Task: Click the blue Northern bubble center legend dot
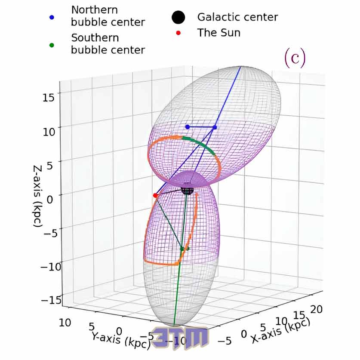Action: coord(52,17)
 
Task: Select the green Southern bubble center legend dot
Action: coord(52,45)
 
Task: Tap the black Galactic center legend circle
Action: coord(178,17)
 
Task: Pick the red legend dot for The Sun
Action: coord(178,33)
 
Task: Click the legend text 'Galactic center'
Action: coord(237,17)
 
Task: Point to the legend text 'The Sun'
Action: coord(219,33)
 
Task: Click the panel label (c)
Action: coord(295,58)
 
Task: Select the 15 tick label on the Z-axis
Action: coord(49,97)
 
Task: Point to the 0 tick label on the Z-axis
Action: coord(50,199)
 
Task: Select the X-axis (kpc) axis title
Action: coord(280,331)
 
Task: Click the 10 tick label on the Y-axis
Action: coord(65,323)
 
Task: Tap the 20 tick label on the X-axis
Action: coord(317,309)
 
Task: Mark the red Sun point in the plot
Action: coord(155,195)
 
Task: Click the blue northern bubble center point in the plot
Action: coord(188,127)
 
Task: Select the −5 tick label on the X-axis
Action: coord(225,341)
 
